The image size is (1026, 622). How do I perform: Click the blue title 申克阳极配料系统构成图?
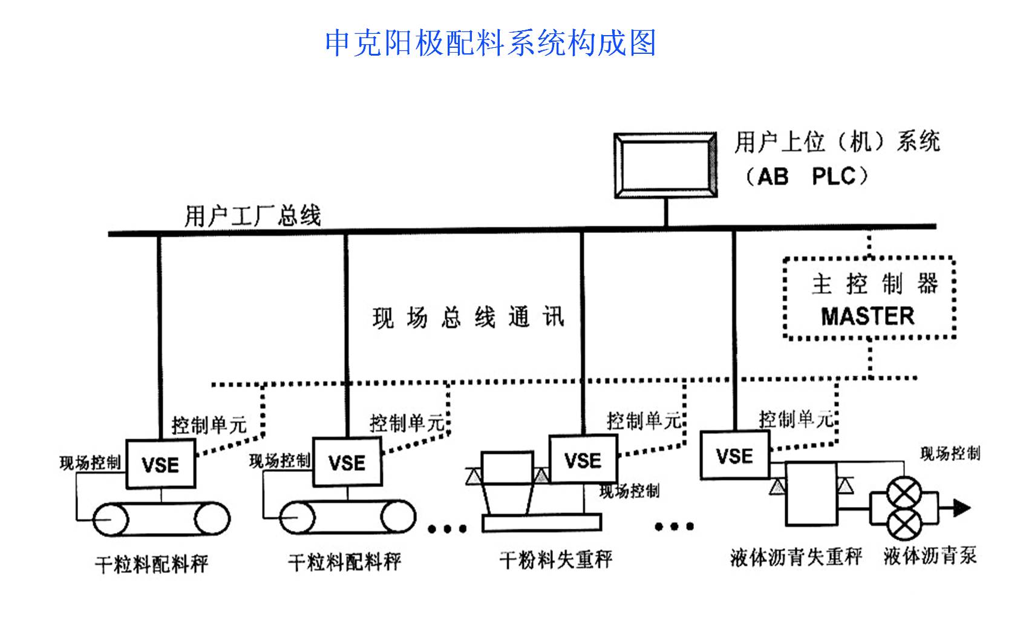(x=490, y=43)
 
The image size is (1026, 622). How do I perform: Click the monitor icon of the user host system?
(x=665, y=165)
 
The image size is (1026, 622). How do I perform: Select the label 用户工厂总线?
(x=252, y=216)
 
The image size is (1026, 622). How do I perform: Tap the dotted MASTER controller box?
(x=869, y=298)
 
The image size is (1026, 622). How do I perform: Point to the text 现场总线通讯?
(x=468, y=317)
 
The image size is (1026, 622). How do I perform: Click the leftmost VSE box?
(x=161, y=464)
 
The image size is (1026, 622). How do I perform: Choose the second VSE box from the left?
(x=347, y=463)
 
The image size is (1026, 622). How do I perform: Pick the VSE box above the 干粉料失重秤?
(x=583, y=460)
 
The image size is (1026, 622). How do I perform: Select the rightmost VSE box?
(x=734, y=455)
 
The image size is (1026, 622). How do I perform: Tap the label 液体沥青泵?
(x=930, y=555)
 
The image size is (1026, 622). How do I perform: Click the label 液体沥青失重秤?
(x=796, y=557)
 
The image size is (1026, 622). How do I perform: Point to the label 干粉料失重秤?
(x=555, y=559)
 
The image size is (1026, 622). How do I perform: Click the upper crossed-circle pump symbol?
(x=904, y=494)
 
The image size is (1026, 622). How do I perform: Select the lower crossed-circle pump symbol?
(x=904, y=523)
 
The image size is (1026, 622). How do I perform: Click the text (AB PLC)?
(x=807, y=177)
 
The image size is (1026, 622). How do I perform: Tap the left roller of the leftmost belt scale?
(x=111, y=519)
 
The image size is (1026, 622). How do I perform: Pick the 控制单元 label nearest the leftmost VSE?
(x=209, y=425)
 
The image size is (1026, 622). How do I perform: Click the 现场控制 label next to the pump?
(x=950, y=454)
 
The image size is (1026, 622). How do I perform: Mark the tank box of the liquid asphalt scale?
(x=811, y=493)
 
